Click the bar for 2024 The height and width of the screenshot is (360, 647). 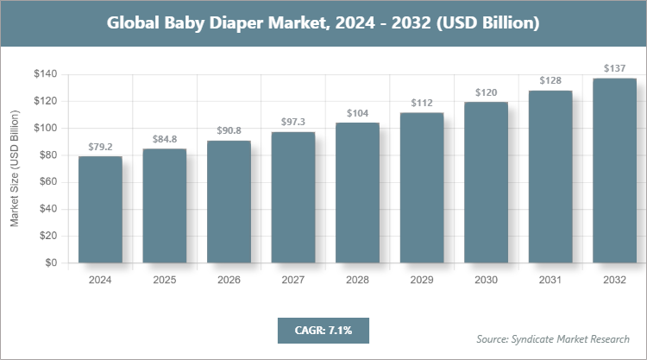tap(100, 209)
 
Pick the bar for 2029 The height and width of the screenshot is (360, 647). tap(422, 187)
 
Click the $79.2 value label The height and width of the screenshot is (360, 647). tap(100, 146)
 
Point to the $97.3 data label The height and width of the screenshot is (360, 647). tap(293, 122)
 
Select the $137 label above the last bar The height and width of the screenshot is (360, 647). tap(614, 68)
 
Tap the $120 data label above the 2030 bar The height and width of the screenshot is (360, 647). tap(486, 92)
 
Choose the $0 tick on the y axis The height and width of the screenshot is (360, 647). tap(51, 262)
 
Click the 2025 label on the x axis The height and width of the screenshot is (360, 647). tap(165, 280)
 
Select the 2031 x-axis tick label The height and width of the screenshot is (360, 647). tap(550, 280)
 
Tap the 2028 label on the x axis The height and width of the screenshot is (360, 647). tap(357, 280)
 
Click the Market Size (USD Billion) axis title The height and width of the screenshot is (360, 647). tap(15, 169)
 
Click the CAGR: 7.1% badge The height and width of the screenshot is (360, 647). tap(322, 330)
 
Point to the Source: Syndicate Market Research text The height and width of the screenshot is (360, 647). tap(552, 338)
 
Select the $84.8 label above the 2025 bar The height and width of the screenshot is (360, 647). tap(165, 138)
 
